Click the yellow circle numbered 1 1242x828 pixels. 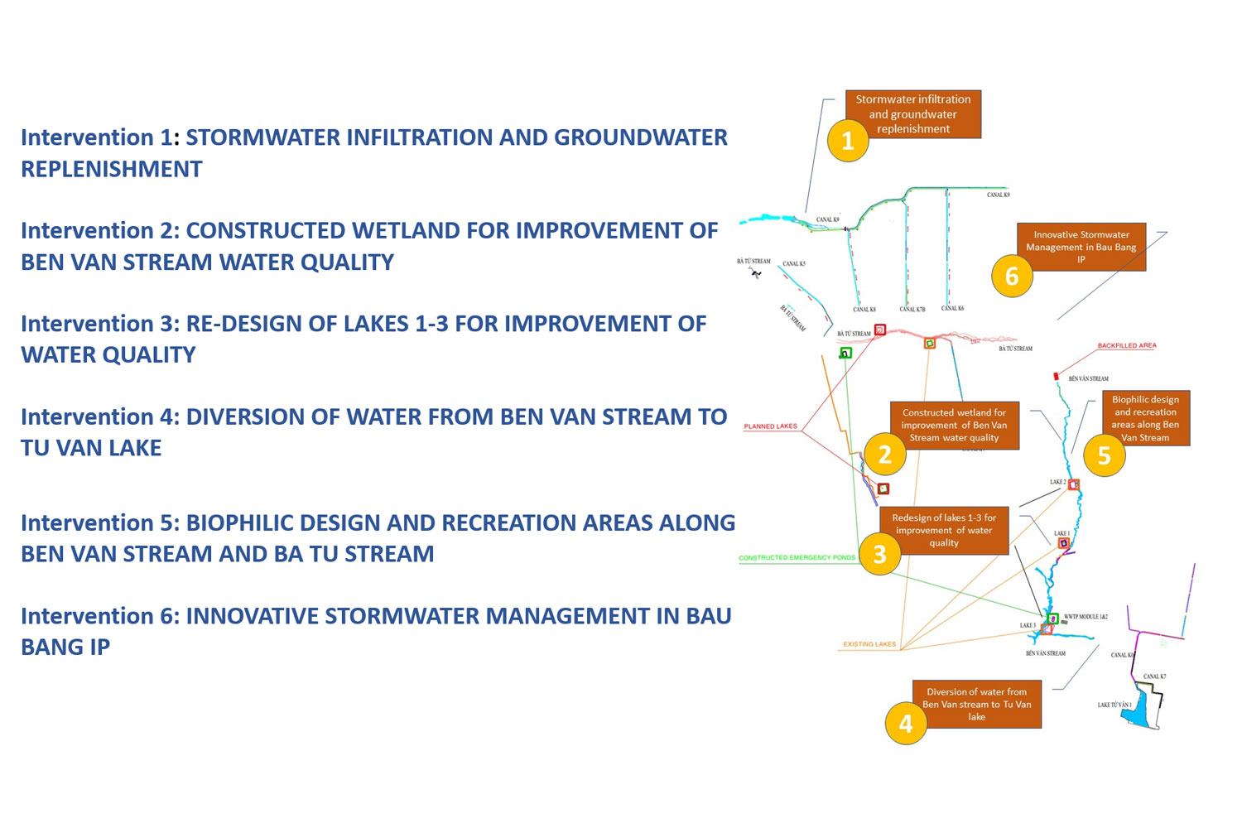coord(847,141)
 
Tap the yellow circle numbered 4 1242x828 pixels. coord(906,724)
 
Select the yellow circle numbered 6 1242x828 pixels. coord(1012,276)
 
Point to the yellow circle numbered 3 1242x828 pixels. coord(879,554)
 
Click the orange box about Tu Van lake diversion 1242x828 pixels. coord(977,704)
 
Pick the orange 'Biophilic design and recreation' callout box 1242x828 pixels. coord(1145,418)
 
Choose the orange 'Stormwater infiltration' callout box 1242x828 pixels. coord(913,113)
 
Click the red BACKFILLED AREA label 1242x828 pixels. coord(1127,345)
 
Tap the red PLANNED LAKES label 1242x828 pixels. coord(770,426)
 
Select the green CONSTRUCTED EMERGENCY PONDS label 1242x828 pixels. coord(797,558)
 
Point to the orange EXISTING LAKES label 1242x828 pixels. coord(869,644)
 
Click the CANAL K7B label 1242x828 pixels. coord(912,309)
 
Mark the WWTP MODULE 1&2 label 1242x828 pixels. coord(1086,617)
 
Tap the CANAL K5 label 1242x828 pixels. coord(794,264)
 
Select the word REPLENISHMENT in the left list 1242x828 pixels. coord(112,169)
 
